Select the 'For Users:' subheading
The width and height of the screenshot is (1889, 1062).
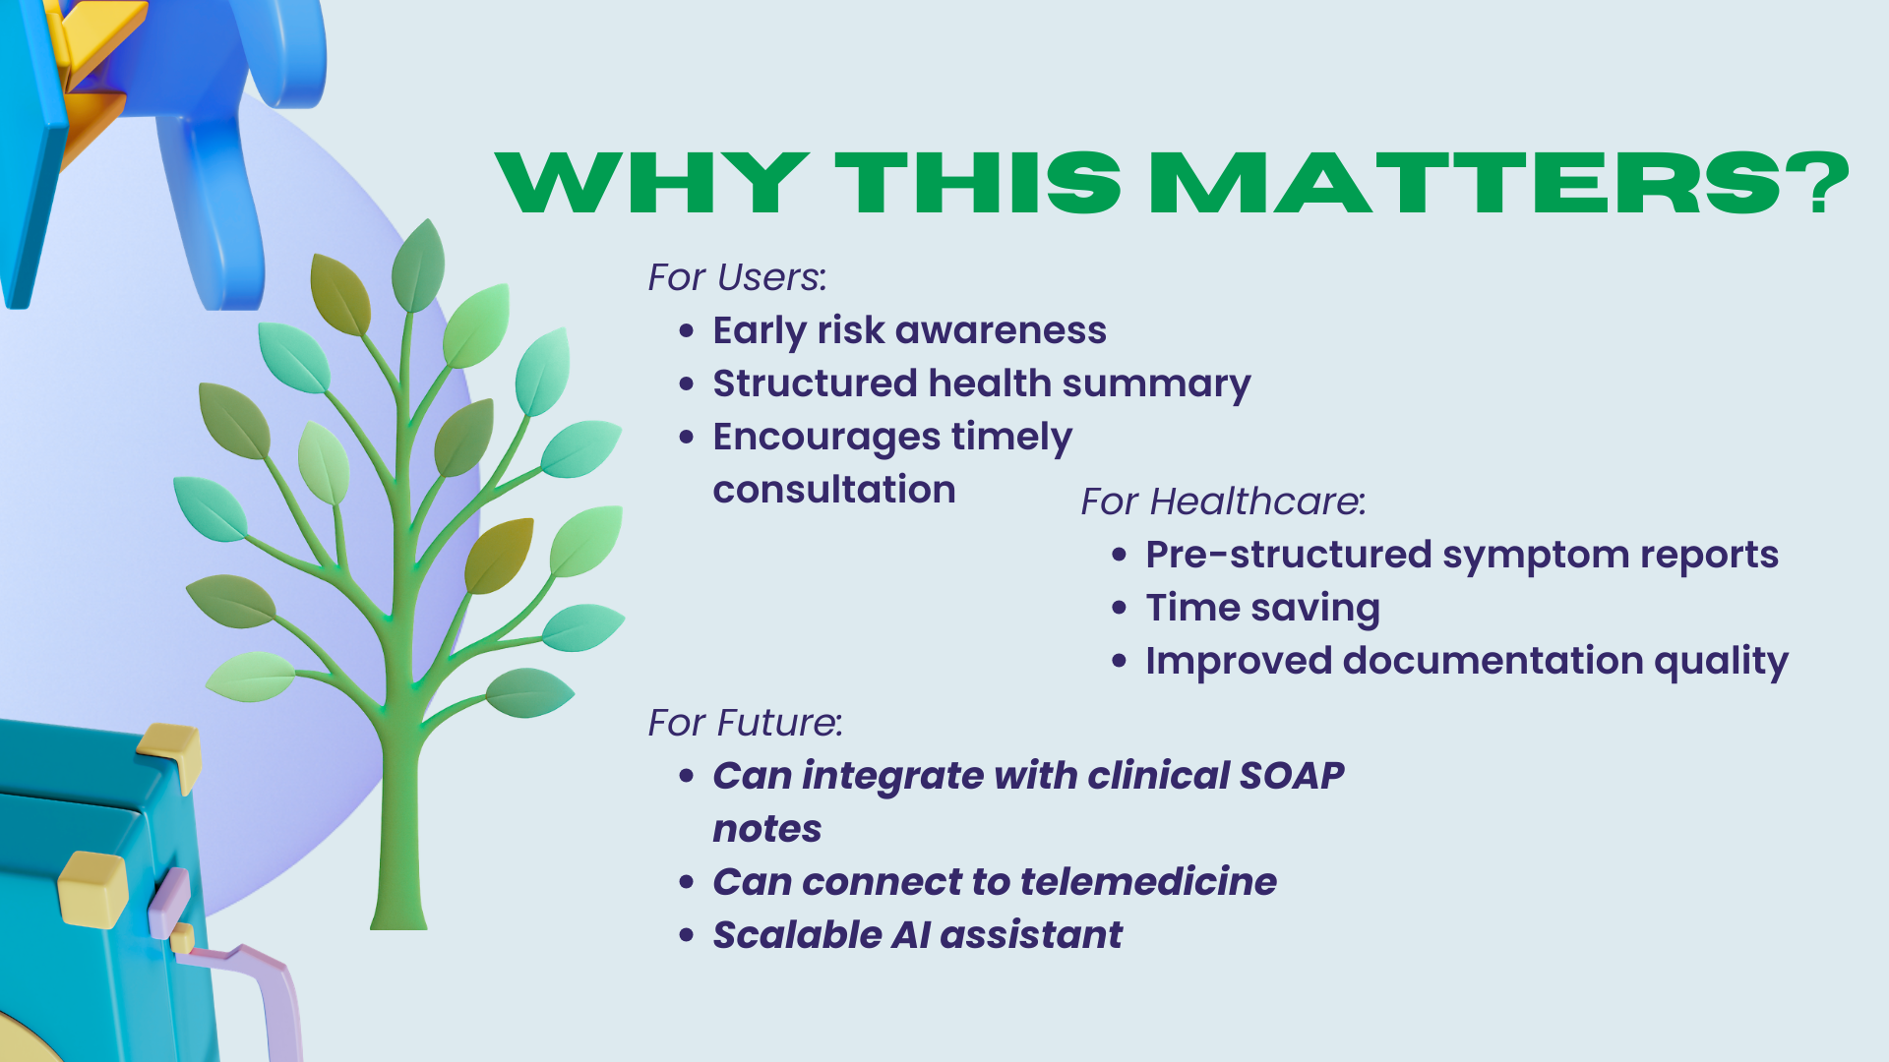point(737,277)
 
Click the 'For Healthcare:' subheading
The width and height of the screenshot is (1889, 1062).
point(1223,501)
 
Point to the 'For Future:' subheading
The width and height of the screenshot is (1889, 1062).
point(745,723)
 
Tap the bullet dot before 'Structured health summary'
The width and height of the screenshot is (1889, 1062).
point(687,383)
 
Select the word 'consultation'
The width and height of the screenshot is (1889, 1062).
point(834,490)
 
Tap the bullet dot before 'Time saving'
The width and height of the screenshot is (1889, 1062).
point(1120,608)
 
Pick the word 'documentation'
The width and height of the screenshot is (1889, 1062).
point(1493,661)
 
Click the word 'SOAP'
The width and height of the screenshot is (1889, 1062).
point(1292,776)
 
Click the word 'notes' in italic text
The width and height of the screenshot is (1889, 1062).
point(767,830)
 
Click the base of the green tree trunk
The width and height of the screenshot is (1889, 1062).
point(398,919)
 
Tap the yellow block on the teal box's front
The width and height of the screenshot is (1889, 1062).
point(92,890)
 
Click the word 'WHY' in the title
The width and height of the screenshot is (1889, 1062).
point(652,183)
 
